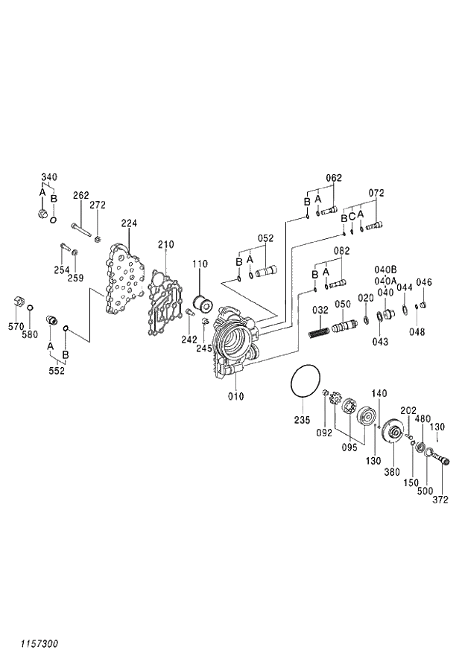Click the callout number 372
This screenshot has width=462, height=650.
click(x=440, y=500)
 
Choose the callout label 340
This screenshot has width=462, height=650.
click(x=48, y=177)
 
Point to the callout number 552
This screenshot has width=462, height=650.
click(x=57, y=370)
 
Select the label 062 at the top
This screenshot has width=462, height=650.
click(x=333, y=178)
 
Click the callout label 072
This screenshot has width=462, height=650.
click(x=376, y=193)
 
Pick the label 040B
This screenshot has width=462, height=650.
click(x=385, y=269)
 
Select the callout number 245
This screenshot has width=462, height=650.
click(x=203, y=348)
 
